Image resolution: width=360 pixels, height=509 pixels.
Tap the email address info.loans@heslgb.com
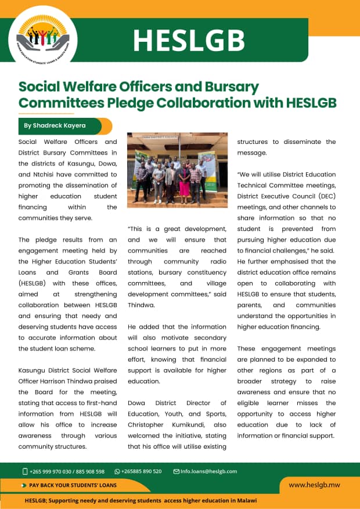(209, 471)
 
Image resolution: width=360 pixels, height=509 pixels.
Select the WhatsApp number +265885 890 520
(141, 471)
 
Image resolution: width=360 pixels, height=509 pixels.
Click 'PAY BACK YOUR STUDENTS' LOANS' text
(73, 485)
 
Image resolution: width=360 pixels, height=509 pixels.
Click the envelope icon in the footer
(177, 471)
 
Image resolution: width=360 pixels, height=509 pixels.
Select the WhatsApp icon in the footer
(117, 471)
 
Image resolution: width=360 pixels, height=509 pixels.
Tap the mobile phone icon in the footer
(25, 471)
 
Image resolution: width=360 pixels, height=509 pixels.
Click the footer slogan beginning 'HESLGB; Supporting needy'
(141, 500)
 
